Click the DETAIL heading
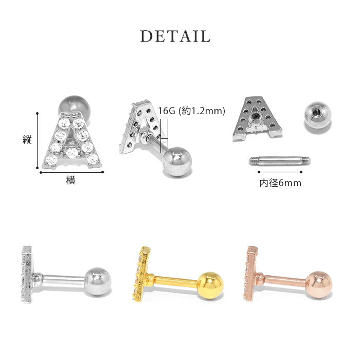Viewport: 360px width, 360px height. [x=175, y=37]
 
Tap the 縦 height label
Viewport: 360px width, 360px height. [x=27, y=139]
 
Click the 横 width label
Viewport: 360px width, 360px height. [x=70, y=180]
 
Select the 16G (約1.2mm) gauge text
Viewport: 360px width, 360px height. [x=191, y=111]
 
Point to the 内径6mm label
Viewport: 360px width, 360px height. [x=280, y=183]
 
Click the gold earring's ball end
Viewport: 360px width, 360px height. [x=210, y=285]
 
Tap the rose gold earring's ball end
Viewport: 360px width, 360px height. [x=319, y=285]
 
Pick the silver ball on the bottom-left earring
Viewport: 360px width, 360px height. [x=98, y=281]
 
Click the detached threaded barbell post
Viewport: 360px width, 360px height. [x=280, y=160]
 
